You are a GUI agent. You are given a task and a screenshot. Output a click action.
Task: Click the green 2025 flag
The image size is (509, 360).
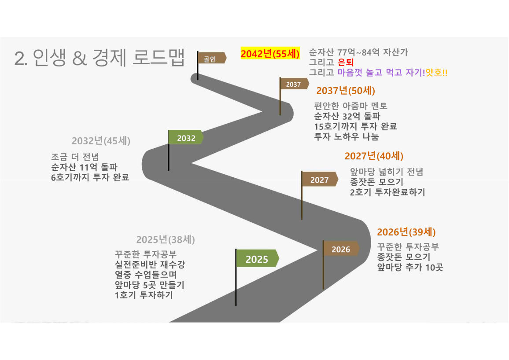click(x=257, y=259)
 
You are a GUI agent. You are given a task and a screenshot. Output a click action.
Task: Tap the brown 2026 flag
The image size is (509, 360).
click(x=341, y=249)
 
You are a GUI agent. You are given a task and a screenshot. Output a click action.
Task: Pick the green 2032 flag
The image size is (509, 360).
click(x=186, y=138)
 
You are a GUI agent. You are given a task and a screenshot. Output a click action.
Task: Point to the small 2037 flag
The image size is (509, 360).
click(x=294, y=84)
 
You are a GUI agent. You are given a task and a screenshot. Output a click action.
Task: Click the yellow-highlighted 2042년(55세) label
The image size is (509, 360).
click(x=270, y=54)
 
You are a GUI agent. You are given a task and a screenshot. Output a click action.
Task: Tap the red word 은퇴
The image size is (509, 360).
click(x=346, y=62)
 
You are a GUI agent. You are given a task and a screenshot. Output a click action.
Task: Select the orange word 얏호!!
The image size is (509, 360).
click(x=437, y=73)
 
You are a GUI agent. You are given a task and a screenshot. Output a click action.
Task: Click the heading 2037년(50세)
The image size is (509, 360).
click(x=346, y=91)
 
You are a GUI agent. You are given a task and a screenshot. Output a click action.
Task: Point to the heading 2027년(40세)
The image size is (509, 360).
click(x=374, y=156)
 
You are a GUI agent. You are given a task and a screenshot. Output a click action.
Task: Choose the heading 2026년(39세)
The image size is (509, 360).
click(x=406, y=232)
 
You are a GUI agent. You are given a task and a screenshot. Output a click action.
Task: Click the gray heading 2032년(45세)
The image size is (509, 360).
click(x=101, y=141)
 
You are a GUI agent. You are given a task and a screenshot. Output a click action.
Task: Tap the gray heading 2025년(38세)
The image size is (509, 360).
click(x=165, y=240)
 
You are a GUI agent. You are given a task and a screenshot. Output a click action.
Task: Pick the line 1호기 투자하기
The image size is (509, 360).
click(x=143, y=295)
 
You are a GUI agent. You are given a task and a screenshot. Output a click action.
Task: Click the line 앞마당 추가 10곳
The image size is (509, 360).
click(x=409, y=267)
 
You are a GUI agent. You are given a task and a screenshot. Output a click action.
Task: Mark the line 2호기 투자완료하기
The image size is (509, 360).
click(x=387, y=192)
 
